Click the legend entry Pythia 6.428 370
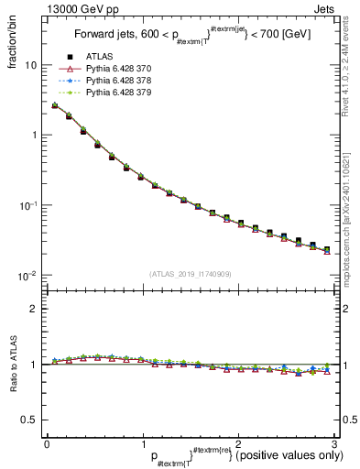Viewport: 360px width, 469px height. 120,70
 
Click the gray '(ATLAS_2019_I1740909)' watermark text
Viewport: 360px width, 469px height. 190,274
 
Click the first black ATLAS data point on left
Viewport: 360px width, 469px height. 55,106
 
